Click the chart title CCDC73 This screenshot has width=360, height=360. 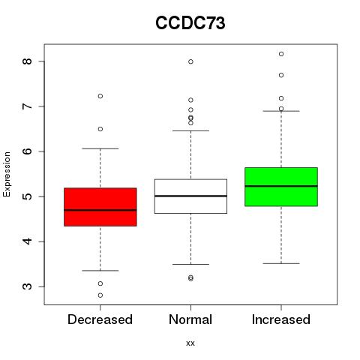pos(190,23)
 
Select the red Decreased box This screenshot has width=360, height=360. pos(100,207)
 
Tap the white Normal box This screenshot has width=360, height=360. pos(190,196)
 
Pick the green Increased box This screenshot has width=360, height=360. pos(281,187)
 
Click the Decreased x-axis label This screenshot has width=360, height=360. pos(100,319)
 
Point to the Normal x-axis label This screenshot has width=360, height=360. pos(190,319)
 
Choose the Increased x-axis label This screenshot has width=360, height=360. pos(281,319)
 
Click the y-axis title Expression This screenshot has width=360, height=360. pos(7,174)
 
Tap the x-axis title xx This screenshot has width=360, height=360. pos(190,343)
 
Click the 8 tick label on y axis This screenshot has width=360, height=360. pos(27,61)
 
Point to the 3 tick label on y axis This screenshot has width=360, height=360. pos(27,286)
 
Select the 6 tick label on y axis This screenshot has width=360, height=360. pos(27,151)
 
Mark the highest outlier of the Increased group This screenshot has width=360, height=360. pos(281,54)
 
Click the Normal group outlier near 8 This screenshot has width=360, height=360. pos(190,61)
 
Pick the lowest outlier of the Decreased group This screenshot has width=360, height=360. pos(100,295)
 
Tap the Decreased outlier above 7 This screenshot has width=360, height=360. pos(100,96)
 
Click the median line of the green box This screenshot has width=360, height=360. pos(281,186)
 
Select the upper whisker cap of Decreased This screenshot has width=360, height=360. pos(100,148)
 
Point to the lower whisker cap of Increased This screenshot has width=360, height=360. pos(281,263)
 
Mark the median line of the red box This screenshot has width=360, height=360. pos(100,210)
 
